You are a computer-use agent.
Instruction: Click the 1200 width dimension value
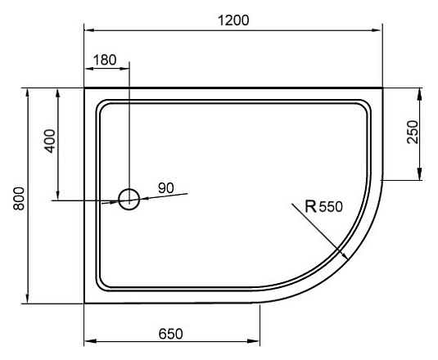(233, 19)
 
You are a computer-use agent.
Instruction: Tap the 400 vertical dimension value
(50, 142)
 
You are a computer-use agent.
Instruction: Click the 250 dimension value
(412, 133)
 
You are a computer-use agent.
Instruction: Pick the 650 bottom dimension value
(169, 334)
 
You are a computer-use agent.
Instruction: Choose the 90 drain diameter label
(165, 188)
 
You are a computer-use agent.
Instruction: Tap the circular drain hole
(129, 198)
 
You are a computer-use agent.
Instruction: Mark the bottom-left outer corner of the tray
(85, 302)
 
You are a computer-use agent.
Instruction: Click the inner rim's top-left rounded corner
(102, 105)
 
